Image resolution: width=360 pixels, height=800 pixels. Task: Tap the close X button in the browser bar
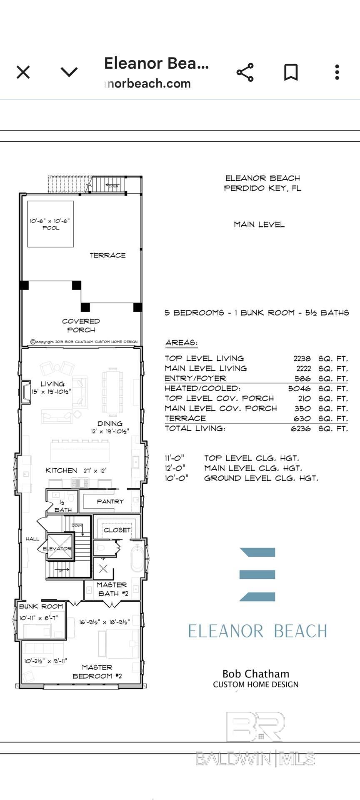tap(23, 72)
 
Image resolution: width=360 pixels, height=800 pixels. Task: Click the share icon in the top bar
tap(245, 72)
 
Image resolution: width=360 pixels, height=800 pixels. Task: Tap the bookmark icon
tap(291, 72)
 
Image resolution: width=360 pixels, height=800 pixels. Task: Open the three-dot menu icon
tap(337, 72)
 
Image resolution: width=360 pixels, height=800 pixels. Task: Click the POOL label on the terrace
tap(51, 228)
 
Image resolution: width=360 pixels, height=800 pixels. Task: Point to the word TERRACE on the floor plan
tap(107, 255)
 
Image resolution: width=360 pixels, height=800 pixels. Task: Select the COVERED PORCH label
tap(81, 325)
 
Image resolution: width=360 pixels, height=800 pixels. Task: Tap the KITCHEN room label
tap(61, 470)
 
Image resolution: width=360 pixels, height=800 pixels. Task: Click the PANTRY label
tap(110, 501)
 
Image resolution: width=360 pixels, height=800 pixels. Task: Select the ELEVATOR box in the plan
tap(57, 548)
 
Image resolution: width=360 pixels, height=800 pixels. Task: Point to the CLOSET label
tap(117, 530)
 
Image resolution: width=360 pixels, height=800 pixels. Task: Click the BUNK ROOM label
tap(41, 606)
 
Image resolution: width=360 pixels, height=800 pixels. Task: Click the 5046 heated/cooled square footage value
tap(299, 388)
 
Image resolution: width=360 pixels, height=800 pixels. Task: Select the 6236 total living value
tap(300, 428)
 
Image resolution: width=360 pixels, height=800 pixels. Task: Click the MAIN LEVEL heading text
tap(259, 225)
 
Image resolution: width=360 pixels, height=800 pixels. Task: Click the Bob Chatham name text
tap(255, 674)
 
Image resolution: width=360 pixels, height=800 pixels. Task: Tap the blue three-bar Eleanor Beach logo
tap(257, 574)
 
